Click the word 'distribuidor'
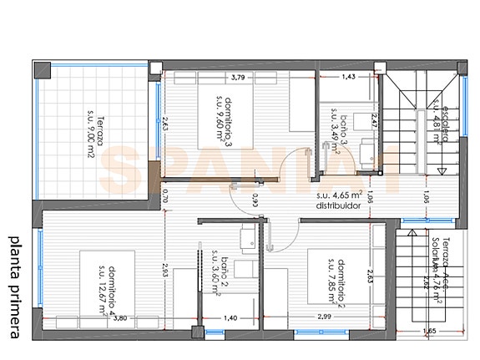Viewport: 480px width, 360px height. tap(337, 205)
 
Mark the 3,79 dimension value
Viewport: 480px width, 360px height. tap(237, 79)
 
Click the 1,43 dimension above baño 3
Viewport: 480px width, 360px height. tap(349, 77)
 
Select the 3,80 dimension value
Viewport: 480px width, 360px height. tap(120, 318)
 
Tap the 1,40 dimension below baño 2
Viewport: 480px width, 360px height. tap(231, 318)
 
